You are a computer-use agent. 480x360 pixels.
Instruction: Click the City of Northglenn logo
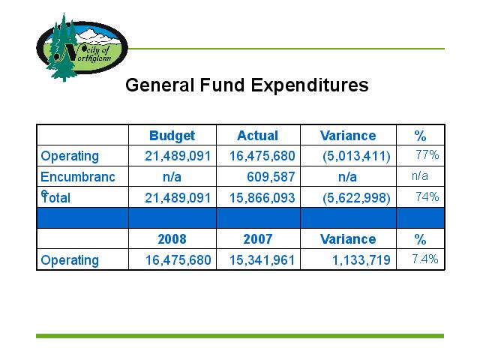pos(82,47)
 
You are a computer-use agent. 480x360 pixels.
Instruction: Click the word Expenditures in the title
pos(310,85)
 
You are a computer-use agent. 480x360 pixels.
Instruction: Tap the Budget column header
pos(172,136)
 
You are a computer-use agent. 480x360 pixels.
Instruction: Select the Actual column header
pos(258,136)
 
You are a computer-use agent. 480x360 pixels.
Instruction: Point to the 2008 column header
pos(172,239)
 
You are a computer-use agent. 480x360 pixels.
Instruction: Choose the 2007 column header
pos(258,239)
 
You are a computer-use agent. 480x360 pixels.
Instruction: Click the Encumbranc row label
pos(78,177)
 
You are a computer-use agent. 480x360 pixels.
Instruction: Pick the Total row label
pos(55,197)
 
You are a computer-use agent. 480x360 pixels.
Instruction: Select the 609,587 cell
pos(271,177)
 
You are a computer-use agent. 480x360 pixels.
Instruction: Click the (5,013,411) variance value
pos(356,156)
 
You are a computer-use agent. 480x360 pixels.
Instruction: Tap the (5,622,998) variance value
pos(356,198)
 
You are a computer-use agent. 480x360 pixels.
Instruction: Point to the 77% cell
pos(427,154)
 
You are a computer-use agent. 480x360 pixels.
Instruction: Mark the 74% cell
pos(427,196)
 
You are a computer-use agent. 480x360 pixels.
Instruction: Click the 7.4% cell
pos(425,259)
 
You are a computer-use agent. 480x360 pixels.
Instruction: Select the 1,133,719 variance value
pos(361,260)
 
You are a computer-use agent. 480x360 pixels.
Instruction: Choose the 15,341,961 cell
pos(262,260)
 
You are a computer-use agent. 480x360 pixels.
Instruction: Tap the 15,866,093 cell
pos(262,198)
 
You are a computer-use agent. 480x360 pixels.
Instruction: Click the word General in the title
pos(160,85)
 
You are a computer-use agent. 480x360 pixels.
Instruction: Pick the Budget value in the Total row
pos(178,198)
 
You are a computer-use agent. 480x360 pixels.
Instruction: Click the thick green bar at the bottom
pos(240,336)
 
